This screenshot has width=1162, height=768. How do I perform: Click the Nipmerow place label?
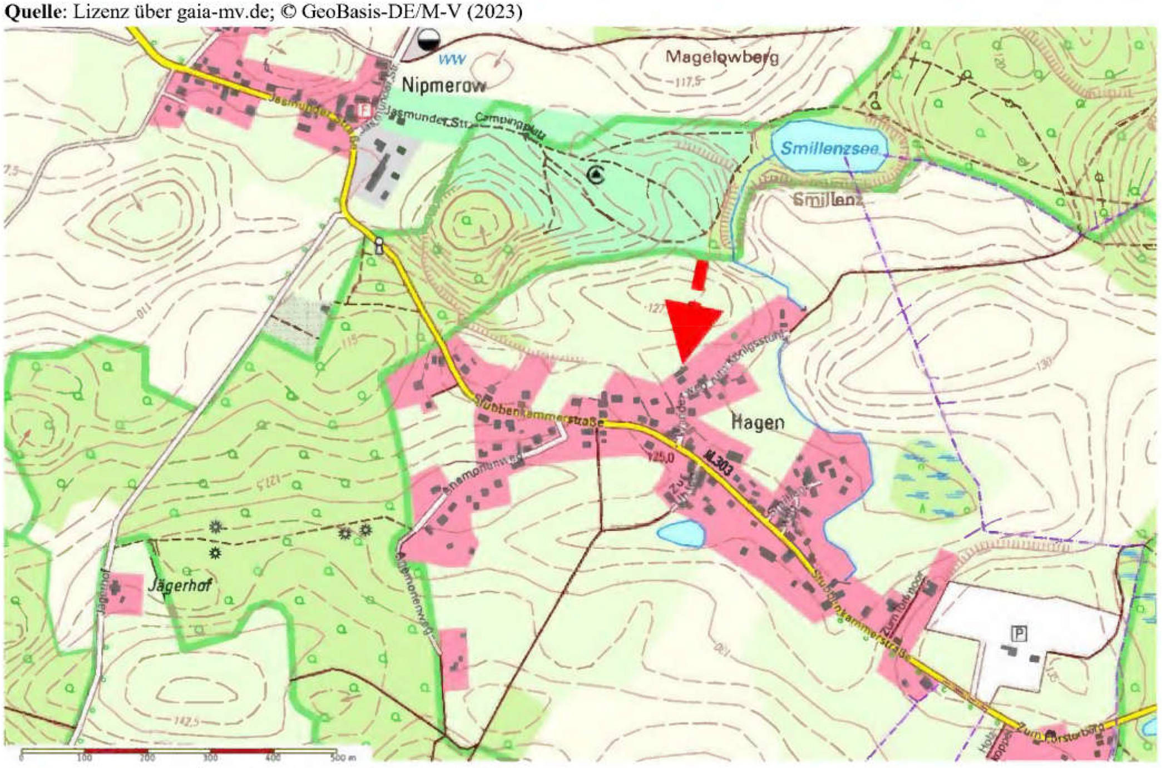click(443, 86)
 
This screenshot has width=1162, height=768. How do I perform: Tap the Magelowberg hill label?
click(722, 57)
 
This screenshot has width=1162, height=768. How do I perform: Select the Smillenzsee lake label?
click(829, 148)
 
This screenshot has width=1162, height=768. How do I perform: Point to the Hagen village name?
click(757, 423)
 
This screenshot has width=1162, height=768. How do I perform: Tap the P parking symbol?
click(1019, 633)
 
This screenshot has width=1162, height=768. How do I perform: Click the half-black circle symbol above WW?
click(429, 39)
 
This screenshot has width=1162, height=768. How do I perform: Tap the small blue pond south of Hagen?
click(681, 534)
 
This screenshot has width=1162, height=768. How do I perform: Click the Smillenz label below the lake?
click(827, 199)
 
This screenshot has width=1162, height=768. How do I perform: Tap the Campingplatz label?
click(511, 125)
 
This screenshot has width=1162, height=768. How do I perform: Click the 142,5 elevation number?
click(186, 722)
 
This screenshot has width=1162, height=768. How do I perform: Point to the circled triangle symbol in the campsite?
click(596, 175)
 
